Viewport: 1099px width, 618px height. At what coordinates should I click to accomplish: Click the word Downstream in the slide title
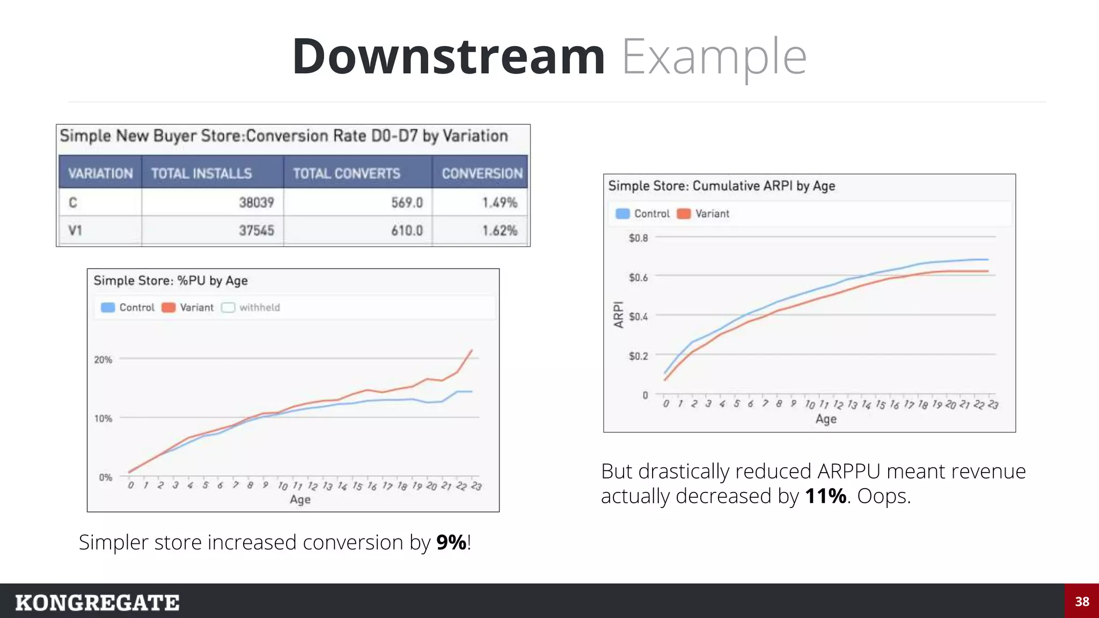click(449, 57)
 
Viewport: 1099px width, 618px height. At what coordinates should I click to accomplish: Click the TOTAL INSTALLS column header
click(201, 173)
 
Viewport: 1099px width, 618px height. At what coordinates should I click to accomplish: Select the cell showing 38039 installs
click(257, 202)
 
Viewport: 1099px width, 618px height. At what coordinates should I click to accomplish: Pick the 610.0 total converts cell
click(407, 231)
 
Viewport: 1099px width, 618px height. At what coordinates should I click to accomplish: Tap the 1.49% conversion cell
click(500, 202)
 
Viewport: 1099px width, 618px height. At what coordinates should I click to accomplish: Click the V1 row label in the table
click(75, 231)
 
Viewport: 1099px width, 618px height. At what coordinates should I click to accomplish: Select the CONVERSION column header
click(482, 173)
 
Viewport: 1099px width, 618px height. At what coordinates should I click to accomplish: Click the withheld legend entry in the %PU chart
click(259, 307)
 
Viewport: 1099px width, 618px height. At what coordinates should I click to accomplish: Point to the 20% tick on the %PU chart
click(103, 359)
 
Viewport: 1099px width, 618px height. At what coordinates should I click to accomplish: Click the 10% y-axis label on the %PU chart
click(103, 418)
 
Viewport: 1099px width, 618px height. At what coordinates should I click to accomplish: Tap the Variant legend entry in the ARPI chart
click(712, 214)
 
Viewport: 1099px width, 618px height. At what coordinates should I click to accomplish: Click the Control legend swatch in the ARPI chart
click(622, 214)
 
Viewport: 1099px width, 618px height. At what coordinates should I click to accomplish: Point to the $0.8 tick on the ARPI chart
click(638, 238)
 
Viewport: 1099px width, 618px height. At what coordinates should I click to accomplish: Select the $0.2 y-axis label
click(638, 356)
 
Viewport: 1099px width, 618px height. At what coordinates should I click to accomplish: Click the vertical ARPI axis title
click(619, 314)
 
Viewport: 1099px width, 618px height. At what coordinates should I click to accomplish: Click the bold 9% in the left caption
click(451, 542)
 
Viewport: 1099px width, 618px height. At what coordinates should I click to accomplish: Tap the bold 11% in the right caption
click(825, 496)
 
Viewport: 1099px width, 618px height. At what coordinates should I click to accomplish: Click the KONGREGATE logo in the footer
click(97, 602)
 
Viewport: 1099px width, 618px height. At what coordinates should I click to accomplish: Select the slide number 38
click(1082, 601)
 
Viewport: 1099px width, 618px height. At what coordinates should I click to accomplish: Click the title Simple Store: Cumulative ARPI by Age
click(721, 186)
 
